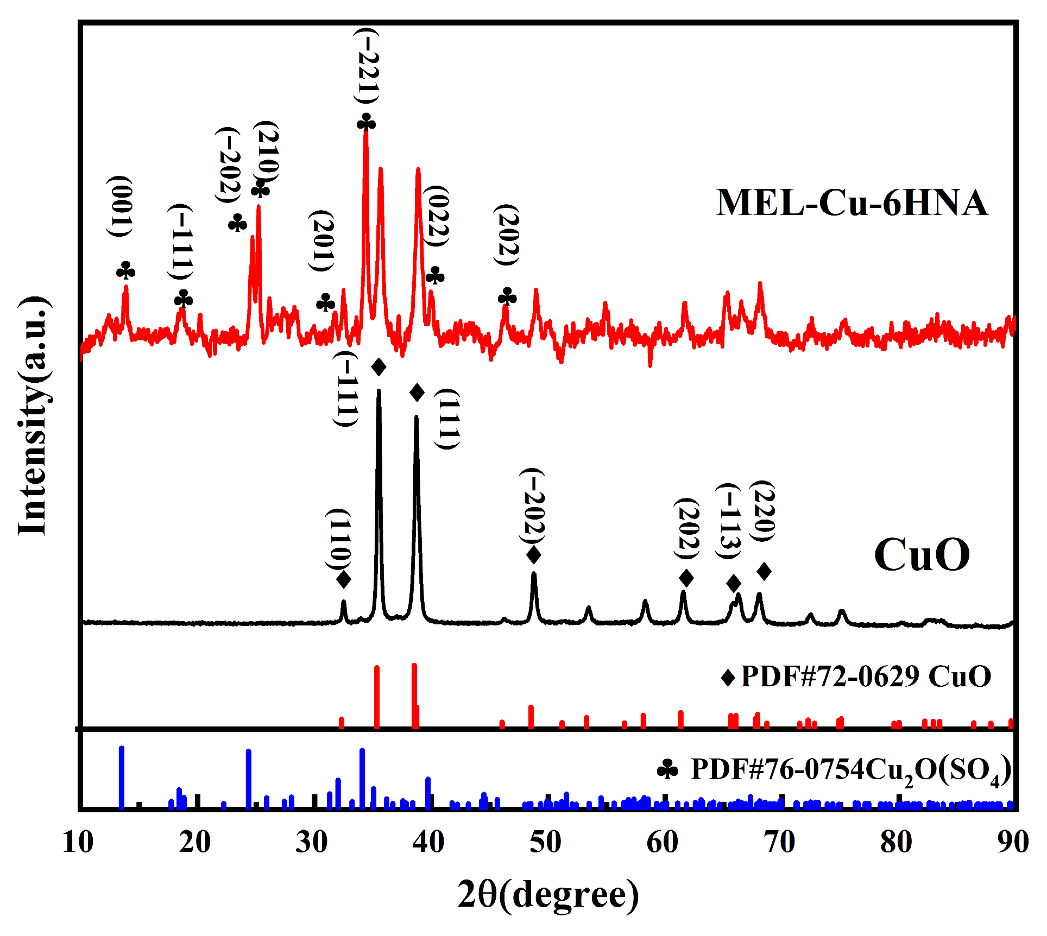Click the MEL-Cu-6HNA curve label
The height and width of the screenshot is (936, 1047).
[852, 203]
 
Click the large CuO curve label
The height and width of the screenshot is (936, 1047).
[922, 555]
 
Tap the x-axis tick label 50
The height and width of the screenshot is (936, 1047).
[545, 843]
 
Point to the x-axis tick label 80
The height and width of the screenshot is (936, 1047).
[896, 843]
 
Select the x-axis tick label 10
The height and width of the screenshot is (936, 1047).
[78, 843]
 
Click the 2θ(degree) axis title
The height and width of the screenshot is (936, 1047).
[547, 895]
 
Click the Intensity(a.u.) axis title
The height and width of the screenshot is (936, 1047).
[34, 416]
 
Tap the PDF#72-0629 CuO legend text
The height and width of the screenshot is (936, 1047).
[866, 676]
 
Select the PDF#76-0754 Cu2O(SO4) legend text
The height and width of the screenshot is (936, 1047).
[850, 770]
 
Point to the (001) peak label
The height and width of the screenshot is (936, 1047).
[120, 206]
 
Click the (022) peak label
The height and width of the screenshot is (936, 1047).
[437, 216]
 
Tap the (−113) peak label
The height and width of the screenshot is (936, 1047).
[728, 521]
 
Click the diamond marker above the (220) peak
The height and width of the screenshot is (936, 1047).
[764, 571]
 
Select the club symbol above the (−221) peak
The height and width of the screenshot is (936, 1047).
[366, 122]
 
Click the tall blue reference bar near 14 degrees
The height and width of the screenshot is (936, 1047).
[122, 776]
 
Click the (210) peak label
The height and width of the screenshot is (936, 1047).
[267, 153]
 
